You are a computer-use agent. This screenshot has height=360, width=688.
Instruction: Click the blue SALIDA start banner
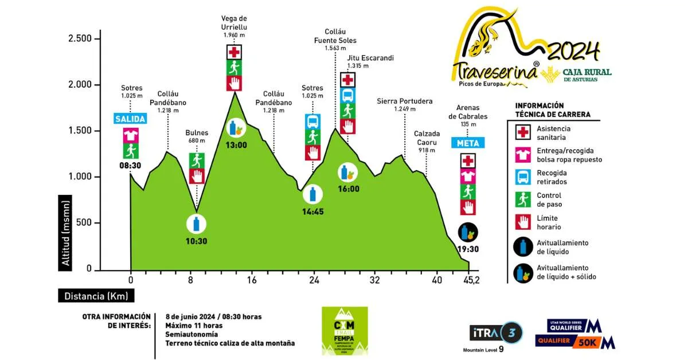(130, 119)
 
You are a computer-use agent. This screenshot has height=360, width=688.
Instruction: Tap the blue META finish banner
(468, 143)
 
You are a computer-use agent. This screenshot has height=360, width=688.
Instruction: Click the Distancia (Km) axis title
(96, 296)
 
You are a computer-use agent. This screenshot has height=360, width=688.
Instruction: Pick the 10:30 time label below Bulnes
(196, 241)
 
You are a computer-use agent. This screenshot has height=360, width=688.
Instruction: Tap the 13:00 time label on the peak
(236, 145)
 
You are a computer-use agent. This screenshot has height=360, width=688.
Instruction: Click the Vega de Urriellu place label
(234, 22)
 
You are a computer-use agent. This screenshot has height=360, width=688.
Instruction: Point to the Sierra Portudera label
(405, 101)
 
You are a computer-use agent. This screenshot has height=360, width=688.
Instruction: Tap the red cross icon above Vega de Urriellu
(234, 52)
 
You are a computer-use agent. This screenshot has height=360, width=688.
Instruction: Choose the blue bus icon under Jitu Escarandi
(348, 95)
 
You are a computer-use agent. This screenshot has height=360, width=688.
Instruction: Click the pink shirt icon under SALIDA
(131, 135)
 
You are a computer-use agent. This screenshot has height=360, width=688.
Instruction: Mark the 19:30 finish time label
(468, 249)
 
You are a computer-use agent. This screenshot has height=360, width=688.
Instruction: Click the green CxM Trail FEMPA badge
(345, 331)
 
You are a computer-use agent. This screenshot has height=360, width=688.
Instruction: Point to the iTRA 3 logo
(496, 333)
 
